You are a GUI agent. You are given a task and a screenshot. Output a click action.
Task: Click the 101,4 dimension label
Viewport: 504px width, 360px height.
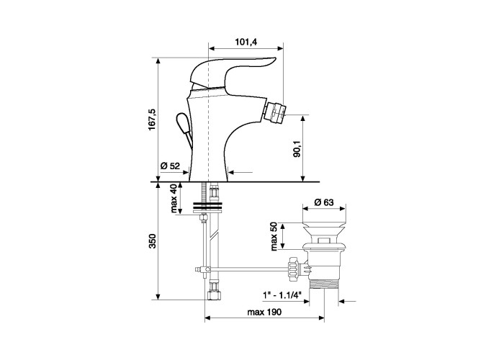[x=247, y=42]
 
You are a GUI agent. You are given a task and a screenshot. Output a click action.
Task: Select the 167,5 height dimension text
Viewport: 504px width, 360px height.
[x=152, y=120]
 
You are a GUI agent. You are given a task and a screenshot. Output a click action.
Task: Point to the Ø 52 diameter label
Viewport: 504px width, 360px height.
[x=170, y=166]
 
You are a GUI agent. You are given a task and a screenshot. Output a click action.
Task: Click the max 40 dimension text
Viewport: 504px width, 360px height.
[x=174, y=199]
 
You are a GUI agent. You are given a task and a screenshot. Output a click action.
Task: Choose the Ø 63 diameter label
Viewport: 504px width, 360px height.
[x=324, y=202]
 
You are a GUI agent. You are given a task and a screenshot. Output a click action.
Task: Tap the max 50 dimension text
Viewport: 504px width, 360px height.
[x=274, y=236]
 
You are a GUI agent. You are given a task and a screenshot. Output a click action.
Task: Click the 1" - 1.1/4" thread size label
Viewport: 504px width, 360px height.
[x=282, y=294]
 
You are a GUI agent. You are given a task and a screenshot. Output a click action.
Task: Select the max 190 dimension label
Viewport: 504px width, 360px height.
[x=264, y=312]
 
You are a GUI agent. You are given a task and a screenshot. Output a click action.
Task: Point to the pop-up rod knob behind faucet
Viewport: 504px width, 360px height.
[x=182, y=123]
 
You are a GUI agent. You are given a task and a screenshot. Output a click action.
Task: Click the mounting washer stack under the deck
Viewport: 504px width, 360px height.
[x=207, y=207]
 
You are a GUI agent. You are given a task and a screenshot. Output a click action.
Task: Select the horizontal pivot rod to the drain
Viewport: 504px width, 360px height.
[x=249, y=269]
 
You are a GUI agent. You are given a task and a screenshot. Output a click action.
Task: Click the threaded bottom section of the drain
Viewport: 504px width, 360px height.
[x=323, y=284]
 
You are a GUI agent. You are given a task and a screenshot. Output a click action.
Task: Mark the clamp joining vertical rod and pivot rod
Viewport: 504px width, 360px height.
[x=202, y=269]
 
